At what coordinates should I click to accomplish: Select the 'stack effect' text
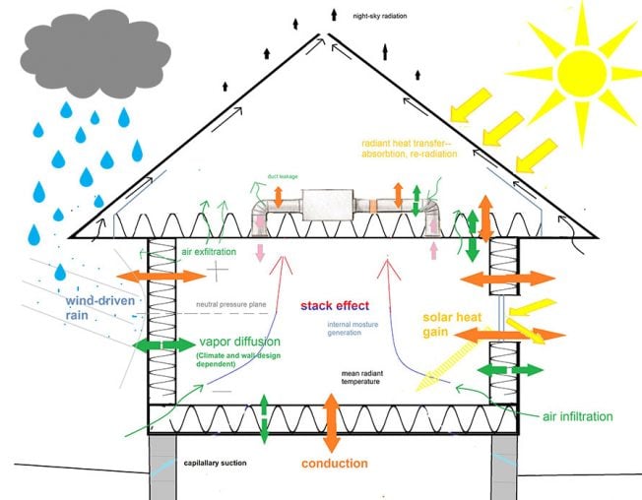pos(338,305)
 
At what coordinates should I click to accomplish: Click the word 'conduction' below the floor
pos(334,464)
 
